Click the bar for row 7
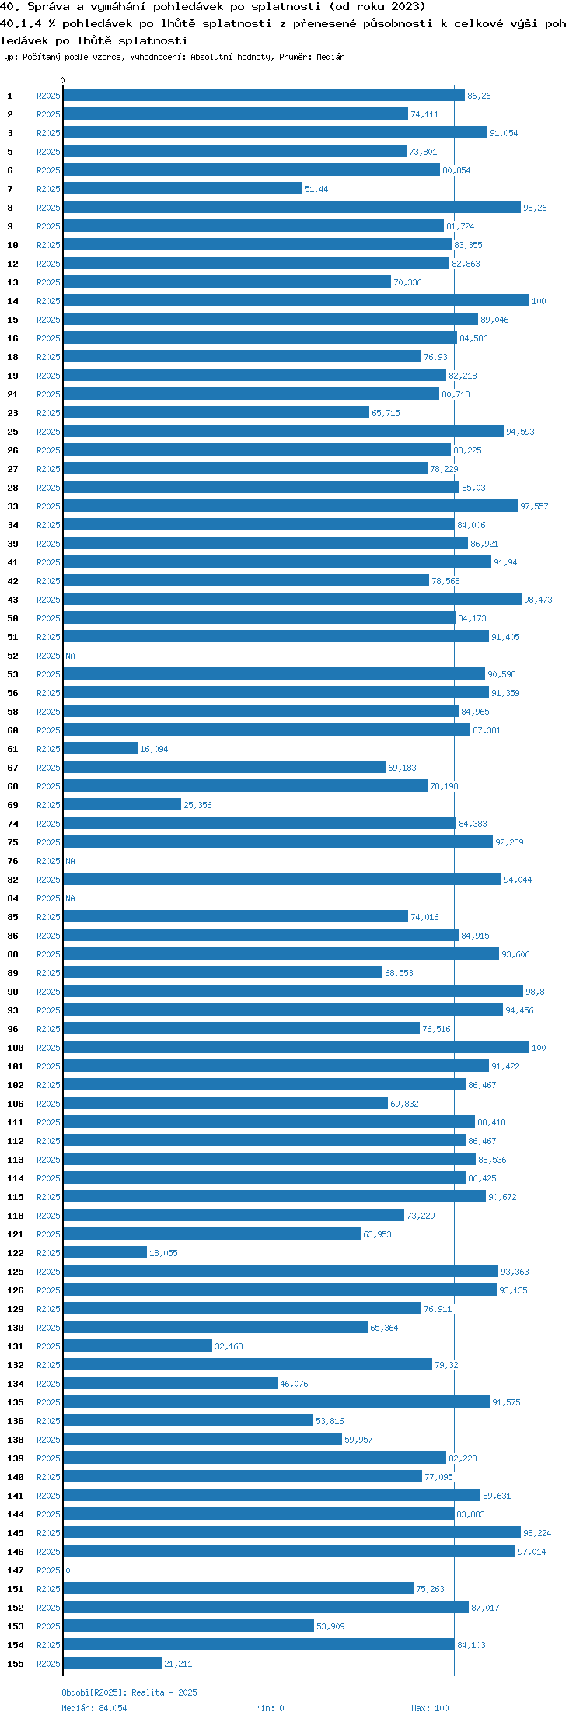(183, 188)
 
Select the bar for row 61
(100, 748)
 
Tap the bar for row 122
(105, 1252)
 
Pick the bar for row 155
(113, 1663)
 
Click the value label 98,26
(535, 208)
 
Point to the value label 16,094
(154, 749)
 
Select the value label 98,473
(538, 600)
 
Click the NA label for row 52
(70, 656)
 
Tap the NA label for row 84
(70, 898)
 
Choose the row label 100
(16, 1048)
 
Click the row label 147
(16, 1570)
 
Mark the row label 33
(12, 506)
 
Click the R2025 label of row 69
(48, 805)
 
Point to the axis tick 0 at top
(63, 80)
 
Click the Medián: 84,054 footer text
(94, 1708)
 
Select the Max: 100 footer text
(430, 1708)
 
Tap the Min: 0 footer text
(270, 1708)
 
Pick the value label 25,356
(197, 805)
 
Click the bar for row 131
(138, 1346)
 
